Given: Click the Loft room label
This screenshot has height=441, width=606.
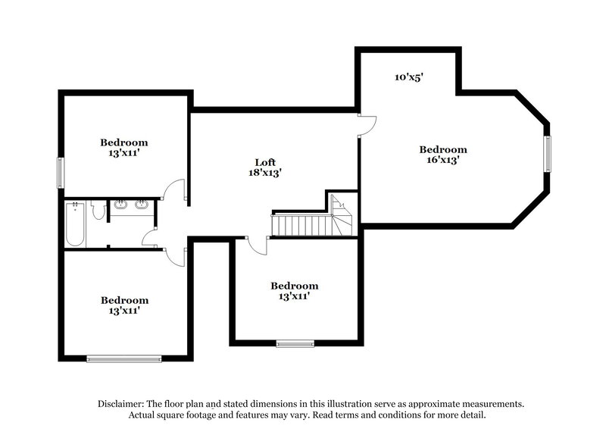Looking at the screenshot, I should (x=264, y=162).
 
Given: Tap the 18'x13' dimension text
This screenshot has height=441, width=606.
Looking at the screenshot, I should (x=264, y=172).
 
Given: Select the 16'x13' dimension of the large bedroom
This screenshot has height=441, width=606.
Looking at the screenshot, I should (x=443, y=160).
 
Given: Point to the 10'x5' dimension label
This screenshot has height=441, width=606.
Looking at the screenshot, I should (x=408, y=77).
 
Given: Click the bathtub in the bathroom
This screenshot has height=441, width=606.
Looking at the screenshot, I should (x=74, y=224).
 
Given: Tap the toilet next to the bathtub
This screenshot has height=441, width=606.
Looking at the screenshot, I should (x=97, y=210).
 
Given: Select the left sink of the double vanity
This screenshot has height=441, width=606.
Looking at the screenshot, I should (x=120, y=205).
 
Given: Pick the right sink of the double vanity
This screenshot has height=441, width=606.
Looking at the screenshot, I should (x=141, y=205).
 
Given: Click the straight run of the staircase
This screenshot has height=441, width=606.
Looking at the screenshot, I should (x=301, y=224).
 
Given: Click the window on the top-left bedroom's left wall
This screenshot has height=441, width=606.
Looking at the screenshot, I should (x=60, y=172).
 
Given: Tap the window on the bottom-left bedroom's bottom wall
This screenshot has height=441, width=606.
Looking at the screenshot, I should (x=123, y=358).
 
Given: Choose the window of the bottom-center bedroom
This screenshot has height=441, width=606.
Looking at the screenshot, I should (x=295, y=344).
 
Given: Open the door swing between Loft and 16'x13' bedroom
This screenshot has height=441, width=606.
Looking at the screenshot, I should (x=367, y=125).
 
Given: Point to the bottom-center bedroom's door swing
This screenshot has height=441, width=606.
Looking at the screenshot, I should (x=258, y=245).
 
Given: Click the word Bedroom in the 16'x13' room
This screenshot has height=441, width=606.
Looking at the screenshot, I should (x=443, y=149).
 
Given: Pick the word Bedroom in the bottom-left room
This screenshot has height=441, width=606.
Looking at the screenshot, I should (x=124, y=300).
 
